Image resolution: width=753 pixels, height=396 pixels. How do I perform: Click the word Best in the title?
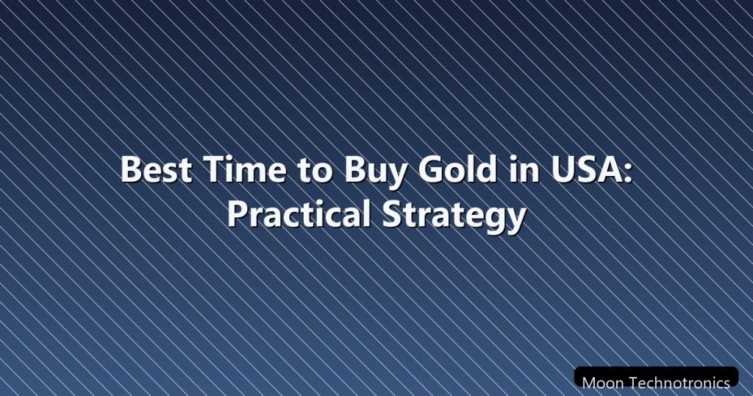(x=156, y=169)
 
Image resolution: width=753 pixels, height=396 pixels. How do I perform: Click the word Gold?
(x=457, y=169)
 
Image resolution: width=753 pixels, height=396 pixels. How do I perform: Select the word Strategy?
(x=453, y=216)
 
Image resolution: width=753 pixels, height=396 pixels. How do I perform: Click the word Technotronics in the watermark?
(x=679, y=383)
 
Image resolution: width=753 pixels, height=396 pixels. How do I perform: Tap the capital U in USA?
(x=562, y=169)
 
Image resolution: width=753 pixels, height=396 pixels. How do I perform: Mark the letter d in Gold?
(x=486, y=169)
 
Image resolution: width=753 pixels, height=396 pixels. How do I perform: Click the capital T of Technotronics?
(x=633, y=383)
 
